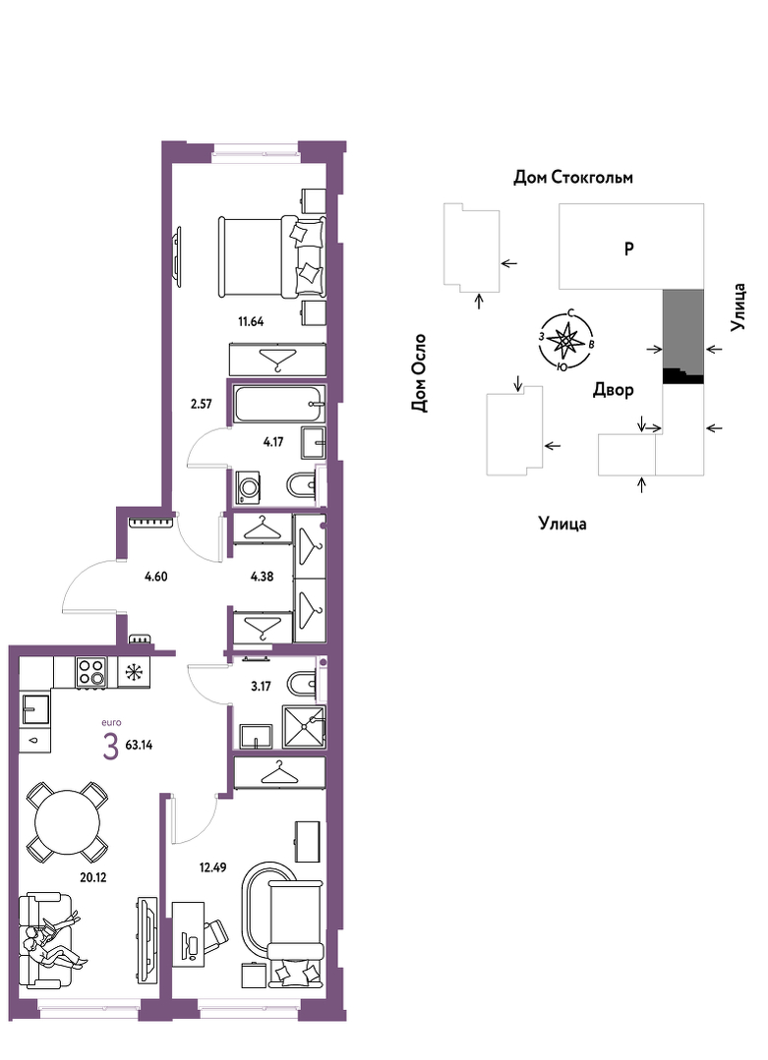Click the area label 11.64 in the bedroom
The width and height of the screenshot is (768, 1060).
point(251,322)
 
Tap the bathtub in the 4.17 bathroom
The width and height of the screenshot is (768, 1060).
point(278,404)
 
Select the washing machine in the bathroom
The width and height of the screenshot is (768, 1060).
point(249,486)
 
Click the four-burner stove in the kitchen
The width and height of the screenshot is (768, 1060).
point(92,672)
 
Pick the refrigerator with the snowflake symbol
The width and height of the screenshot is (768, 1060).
point(134,672)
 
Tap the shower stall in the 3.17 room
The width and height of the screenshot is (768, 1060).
point(304,726)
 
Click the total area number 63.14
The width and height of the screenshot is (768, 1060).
point(140,746)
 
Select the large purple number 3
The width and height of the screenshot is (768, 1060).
point(111,747)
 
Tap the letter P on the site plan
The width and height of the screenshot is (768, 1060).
point(628,249)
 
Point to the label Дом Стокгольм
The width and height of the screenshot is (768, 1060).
point(573,178)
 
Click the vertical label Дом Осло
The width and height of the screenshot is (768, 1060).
point(420,372)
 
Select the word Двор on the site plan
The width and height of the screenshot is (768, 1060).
point(613,390)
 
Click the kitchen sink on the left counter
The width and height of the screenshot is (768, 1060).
point(35,710)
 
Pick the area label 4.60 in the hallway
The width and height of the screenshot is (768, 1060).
point(155,577)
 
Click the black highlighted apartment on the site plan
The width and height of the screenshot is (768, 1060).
point(682,376)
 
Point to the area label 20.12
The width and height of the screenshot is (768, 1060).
point(92,877)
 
